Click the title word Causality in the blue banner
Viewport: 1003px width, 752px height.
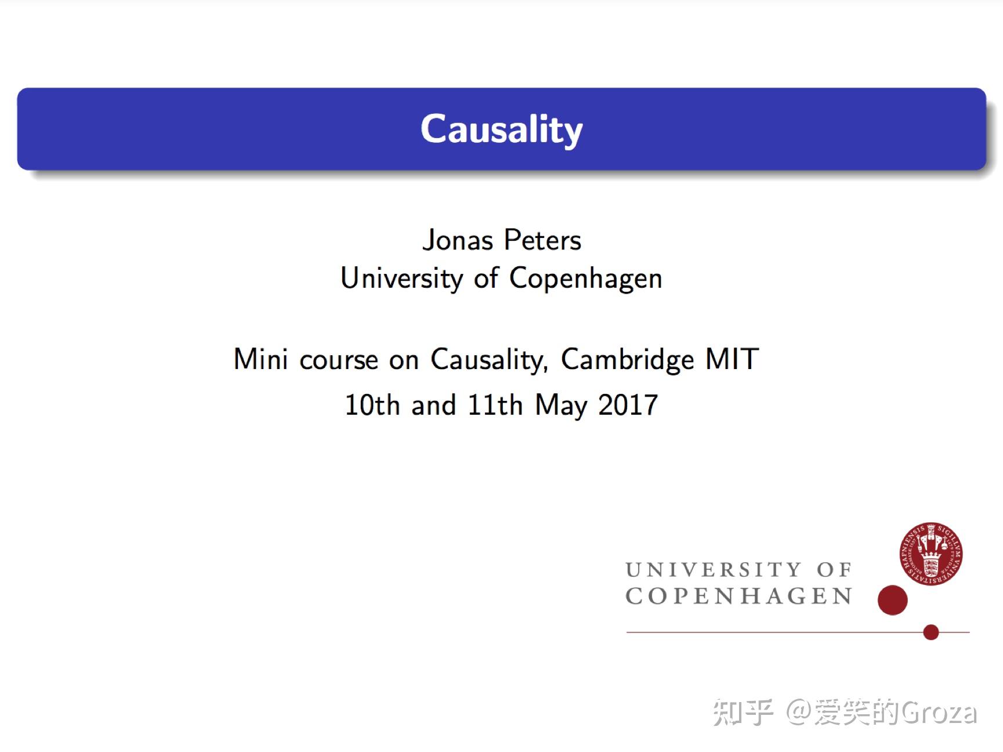tap(501, 129)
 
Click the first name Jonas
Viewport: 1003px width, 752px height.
tap(458, 240)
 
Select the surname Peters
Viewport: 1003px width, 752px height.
tap(542, 240)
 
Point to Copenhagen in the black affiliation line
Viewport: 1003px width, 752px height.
tap(585, 279)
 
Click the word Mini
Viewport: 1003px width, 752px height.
tap(260, 359)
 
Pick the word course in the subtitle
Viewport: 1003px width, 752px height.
tap(339, 360)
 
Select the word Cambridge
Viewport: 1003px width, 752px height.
tap(627, 360)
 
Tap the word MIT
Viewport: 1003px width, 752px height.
tap(732, 359)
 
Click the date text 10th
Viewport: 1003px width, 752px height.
tap(372, 405)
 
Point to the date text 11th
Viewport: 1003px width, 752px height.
tap(495, 405)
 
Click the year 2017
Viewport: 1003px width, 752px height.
tap(628, 405)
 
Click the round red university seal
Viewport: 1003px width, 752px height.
tap(930, 554)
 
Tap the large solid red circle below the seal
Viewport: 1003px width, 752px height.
tap(892, 600)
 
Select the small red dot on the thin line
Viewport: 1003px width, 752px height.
tap(931, 632)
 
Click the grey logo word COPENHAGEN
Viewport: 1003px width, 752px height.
tap(739, 596)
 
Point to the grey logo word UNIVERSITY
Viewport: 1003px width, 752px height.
tap(714, 570)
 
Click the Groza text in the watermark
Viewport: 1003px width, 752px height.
tap(939, 713)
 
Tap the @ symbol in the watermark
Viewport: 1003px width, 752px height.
tap(799, 713)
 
